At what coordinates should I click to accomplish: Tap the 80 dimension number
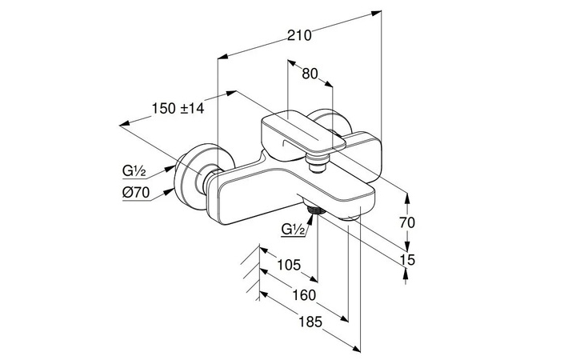click(310, 74)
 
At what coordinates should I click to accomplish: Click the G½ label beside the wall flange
click(134, 170)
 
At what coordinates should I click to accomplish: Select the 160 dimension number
click(303, 294)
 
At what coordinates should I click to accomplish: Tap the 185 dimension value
click(316, 323)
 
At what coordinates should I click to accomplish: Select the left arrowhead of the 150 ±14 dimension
click(122, 124)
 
